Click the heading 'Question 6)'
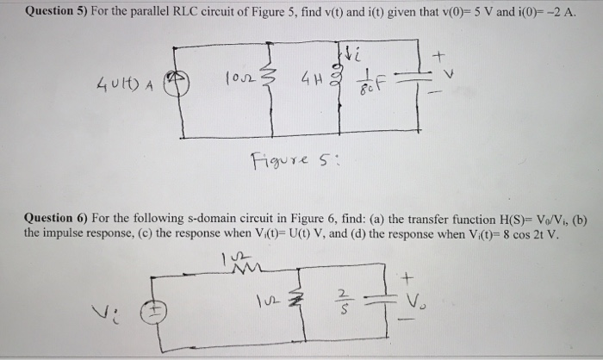coord(58,220)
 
